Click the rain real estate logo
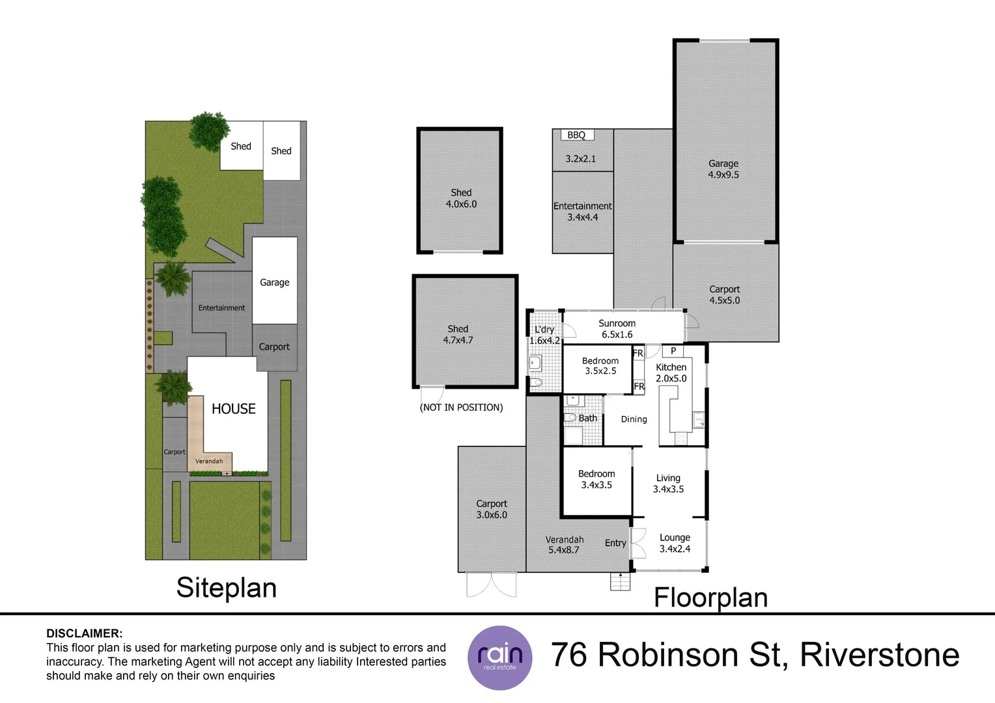pos(499,657)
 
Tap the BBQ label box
pos(576,135)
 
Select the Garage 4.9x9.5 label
pos(723,169)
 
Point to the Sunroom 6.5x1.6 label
pos(617,329)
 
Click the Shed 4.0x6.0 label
pos(461,198)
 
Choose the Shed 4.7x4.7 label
pos(458,335)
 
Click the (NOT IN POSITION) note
pos(461,407)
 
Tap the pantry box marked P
pos(673,351)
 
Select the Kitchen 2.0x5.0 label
pos(671,373)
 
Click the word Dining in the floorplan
pos(634,419)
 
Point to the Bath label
pos(587,419)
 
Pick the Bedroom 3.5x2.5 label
pos(600,366)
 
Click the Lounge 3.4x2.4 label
pos(675,543)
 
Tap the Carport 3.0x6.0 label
pos(491,509)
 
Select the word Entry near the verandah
pos(615,543)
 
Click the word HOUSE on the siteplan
pos(233,409)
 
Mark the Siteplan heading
pos(226,588)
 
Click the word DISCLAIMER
pos(84,633)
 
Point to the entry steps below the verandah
pos(620,582)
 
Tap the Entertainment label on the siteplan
pos(221,308)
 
